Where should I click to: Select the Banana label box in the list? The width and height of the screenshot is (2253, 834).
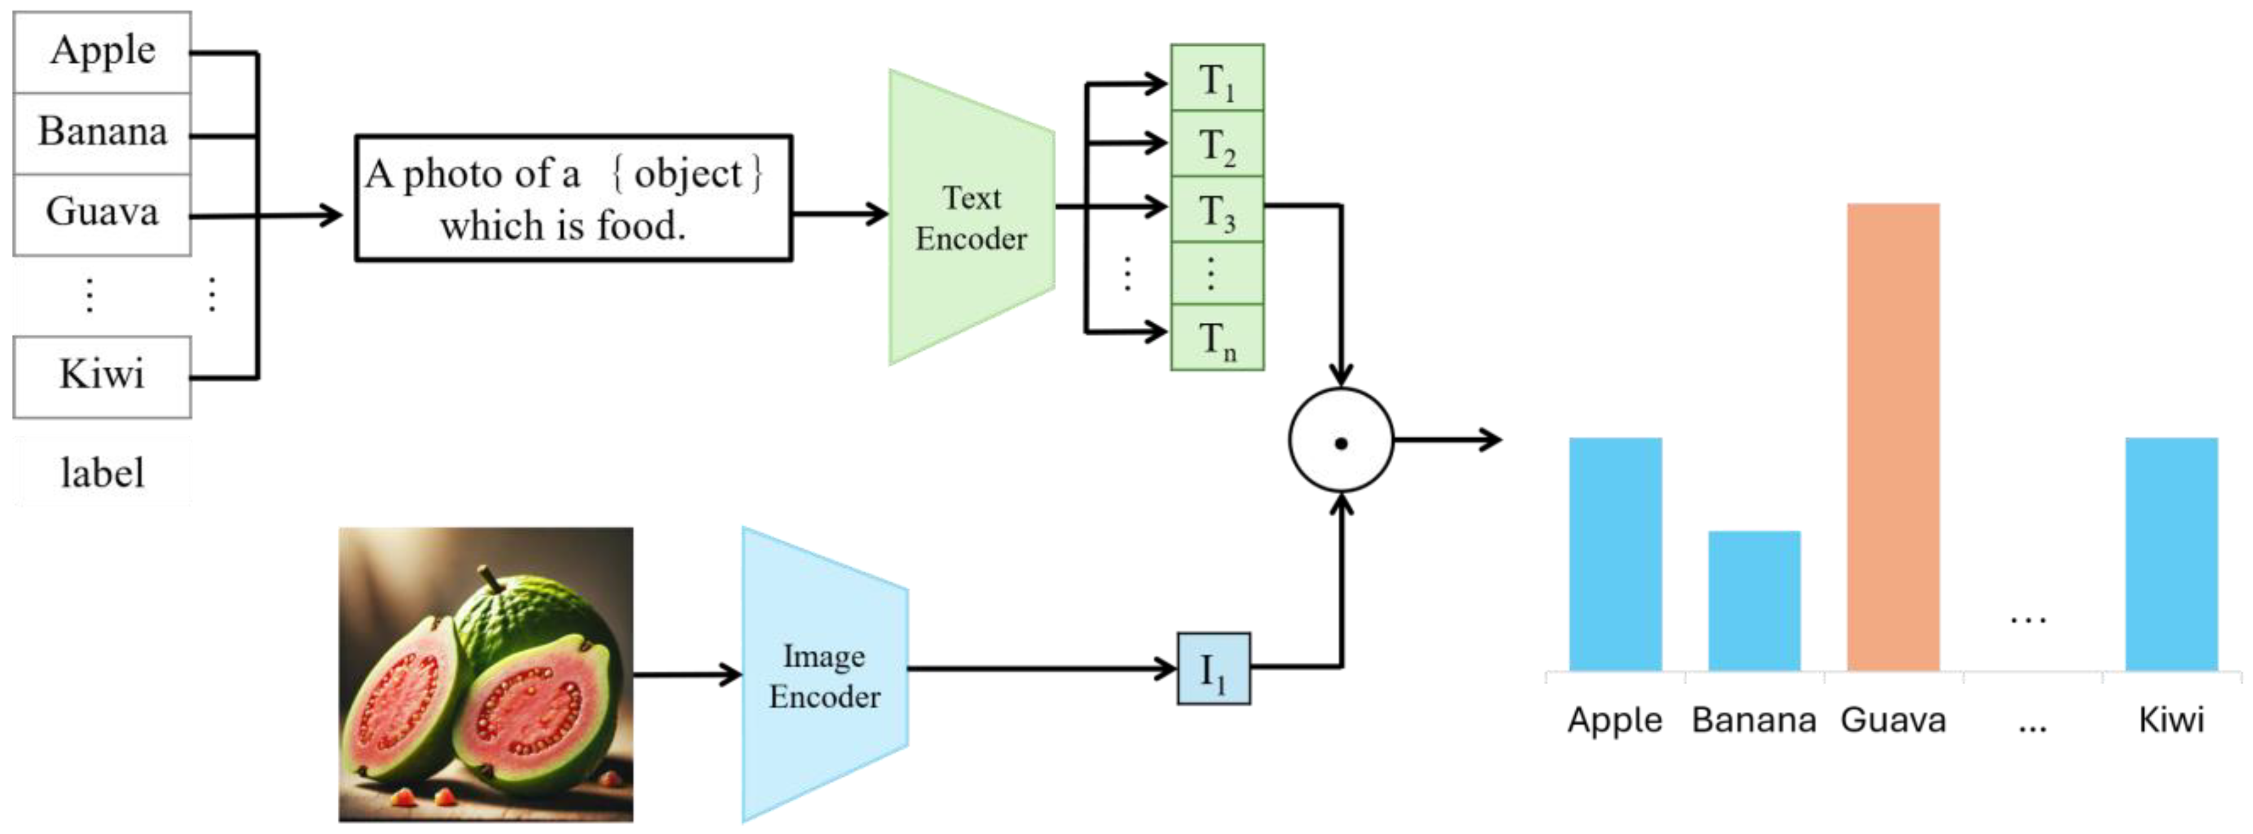pyautogui.click(x=102, y=132)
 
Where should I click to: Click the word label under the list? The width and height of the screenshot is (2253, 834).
pyautogui.click(x=102, y=473)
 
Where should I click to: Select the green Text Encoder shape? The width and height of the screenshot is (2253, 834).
pyautogui.click(x=971, y=217)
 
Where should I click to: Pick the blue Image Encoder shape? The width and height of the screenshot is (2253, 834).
pyautogui.click(x=824, y=676)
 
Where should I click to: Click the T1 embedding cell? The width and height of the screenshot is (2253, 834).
pyautogui.click(x=1217, y=79)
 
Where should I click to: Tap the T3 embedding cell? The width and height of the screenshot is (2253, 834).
pyautogui.click(x=1217, y=210)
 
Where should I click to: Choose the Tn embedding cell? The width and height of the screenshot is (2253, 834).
pyautogui.click(x=1217, y=338)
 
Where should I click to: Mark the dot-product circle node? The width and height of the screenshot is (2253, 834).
pyautogui.click(x=1340, y=440)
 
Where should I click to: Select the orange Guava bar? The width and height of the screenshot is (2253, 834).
pyautogui.click(x=1893, y=438)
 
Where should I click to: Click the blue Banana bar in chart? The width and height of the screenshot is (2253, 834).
pyautogui.click(x=1754, y=600)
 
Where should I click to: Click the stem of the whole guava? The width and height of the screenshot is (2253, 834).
pyautogui.click(x=490, y=578)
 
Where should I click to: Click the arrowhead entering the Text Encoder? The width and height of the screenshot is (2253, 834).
pyautogui.click(x=877, y=214)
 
